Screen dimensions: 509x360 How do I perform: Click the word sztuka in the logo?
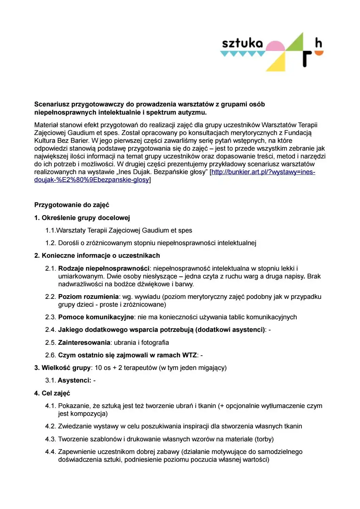(242, 43)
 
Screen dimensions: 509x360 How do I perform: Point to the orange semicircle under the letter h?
(318, 53)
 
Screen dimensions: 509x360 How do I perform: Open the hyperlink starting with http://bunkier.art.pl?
(263, 172)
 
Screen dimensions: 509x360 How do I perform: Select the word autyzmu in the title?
(192, 113)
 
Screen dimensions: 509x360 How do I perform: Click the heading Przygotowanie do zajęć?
(71, 205)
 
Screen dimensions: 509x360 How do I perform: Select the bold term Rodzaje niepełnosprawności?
(103, 269)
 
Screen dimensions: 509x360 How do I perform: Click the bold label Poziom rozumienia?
(88, 297)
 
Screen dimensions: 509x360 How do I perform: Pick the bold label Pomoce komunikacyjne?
(96, 317)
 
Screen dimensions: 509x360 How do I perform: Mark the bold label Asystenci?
(74, 380)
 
